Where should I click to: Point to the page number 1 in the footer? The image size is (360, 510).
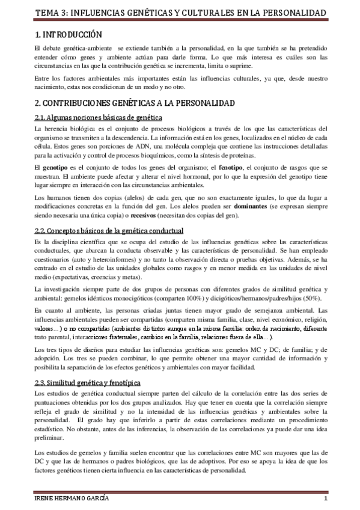coord(325,500)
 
